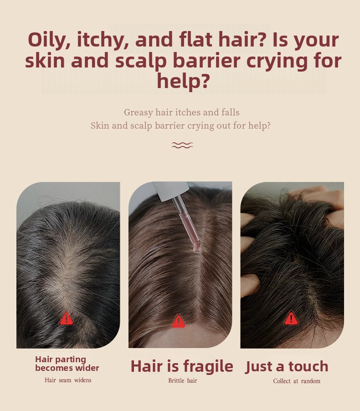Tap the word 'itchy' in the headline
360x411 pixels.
pyautogui.click(x=103, y=40)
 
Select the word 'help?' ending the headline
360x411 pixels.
pyautogui.click(x=183, y=80)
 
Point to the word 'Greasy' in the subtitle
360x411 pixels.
pyautogui.click(x=139, y=113)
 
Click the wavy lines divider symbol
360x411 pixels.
pyautogui.click(x=182, y=145)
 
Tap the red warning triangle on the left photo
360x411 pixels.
pyautogui.click(x=67, y=318)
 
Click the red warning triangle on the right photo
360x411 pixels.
pyautogui.click(x=291, y=318)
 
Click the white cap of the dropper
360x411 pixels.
pyautogui.click(x=171, y=190)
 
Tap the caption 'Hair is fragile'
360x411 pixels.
pyautogui.click(x=182, y=366)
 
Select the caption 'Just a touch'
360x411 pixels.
pyautogui.click(x=287, y=366)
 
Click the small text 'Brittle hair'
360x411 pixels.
pyautogui.click(x=182, y=380)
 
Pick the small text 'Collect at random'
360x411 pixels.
pyautogui.click(x=297, y=381)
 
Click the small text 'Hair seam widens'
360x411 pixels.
pyautogui.click(x=68, y=380)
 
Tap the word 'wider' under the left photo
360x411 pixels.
pyautogui.click(x=87, y=368)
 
